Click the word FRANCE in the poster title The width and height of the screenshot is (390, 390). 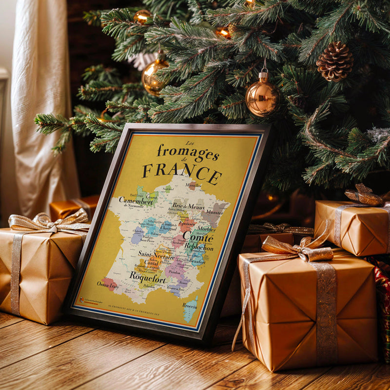(182, 172)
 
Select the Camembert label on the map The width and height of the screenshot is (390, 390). (136, 201)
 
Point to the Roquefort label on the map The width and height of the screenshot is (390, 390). (147, 276)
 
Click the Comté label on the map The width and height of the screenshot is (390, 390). (198, 238)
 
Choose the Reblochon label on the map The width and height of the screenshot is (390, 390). (198, 247)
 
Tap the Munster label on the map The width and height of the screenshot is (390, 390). (214, 213)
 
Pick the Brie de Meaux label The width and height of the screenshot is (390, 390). (188, 206)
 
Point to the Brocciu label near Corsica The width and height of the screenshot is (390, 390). (190, 306)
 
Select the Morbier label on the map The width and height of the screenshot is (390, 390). (207, 229)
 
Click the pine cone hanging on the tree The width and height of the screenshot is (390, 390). (334, 61)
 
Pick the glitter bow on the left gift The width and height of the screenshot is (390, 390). (49, 223)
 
